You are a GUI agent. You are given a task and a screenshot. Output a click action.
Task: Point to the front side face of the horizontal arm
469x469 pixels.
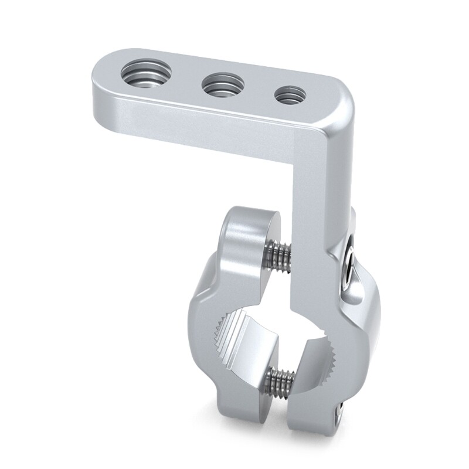(x=193, y=123)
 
